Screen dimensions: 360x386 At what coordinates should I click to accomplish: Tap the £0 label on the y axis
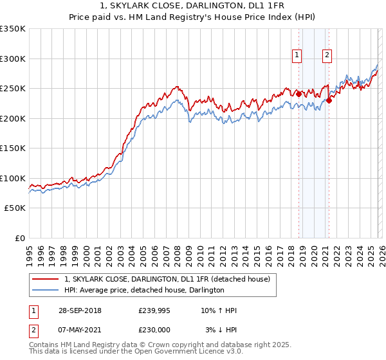(x=19, y=239)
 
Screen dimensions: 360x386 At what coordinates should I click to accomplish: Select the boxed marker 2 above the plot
(x=327, y=56)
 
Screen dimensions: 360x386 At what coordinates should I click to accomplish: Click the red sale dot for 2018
(x=299, y=94)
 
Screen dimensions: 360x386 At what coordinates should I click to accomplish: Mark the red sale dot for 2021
(x=329, y=100)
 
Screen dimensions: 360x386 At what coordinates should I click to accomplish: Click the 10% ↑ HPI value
(x=219, y=310)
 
